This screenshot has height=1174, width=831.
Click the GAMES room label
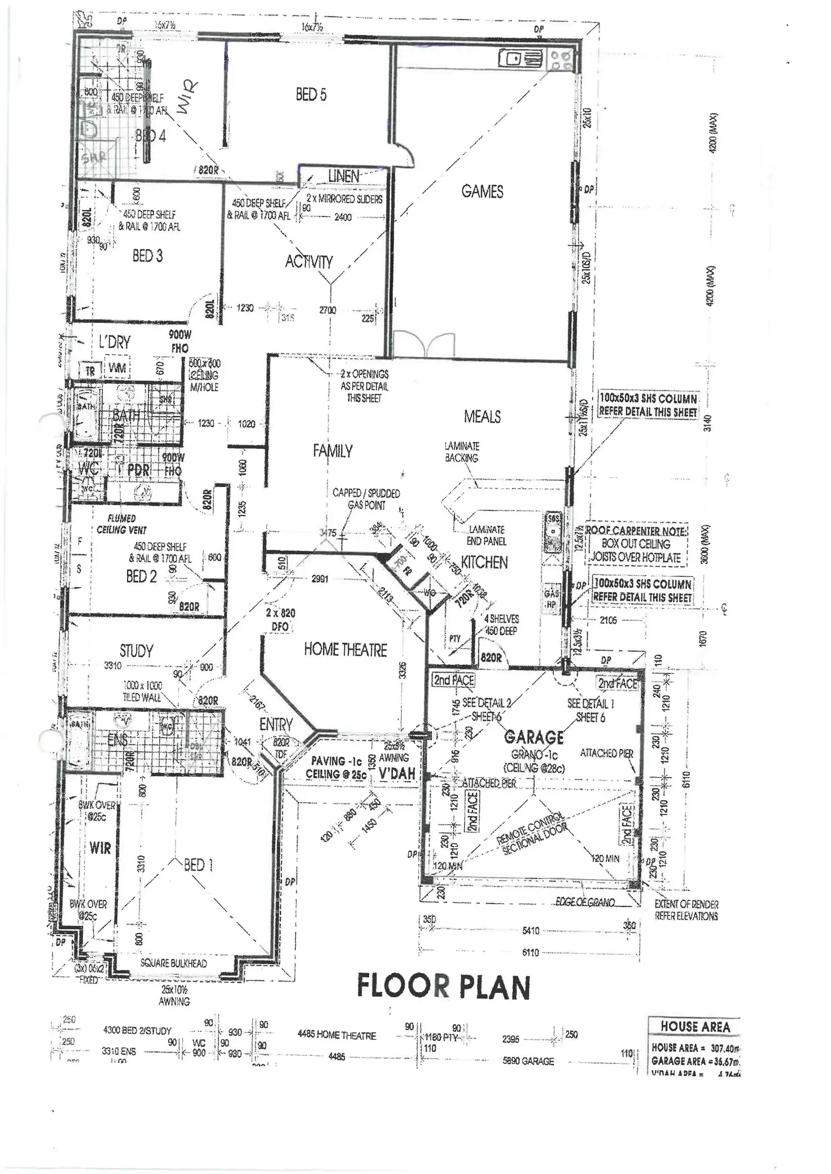482,192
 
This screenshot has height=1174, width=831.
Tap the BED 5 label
311,95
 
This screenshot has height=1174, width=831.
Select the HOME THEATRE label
345,650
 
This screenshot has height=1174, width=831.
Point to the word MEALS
482,417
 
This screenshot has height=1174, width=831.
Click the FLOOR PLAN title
443,987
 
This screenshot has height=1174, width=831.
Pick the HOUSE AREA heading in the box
695,1027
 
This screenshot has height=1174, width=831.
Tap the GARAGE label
533,737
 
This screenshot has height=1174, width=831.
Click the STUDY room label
136,651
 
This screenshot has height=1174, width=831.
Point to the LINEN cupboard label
343,176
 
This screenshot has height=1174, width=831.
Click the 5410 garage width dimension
531,930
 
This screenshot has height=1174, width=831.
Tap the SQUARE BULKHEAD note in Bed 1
174,963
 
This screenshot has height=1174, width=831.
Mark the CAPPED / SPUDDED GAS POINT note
366,499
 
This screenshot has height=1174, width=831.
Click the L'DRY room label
114,342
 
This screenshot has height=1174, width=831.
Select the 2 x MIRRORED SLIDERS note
344,199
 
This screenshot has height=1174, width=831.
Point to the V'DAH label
397,773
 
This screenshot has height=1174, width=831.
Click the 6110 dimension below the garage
531,953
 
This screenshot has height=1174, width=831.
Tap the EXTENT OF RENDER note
686,910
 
